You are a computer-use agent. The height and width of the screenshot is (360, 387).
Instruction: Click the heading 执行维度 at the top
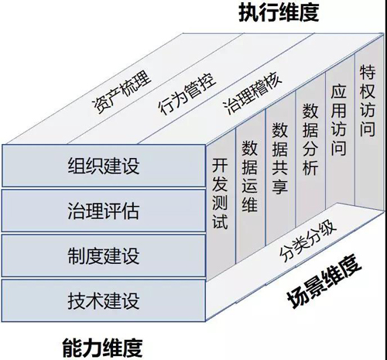(x=279, y=12)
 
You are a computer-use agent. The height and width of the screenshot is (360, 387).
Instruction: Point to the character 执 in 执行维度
(x=248, y=12)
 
